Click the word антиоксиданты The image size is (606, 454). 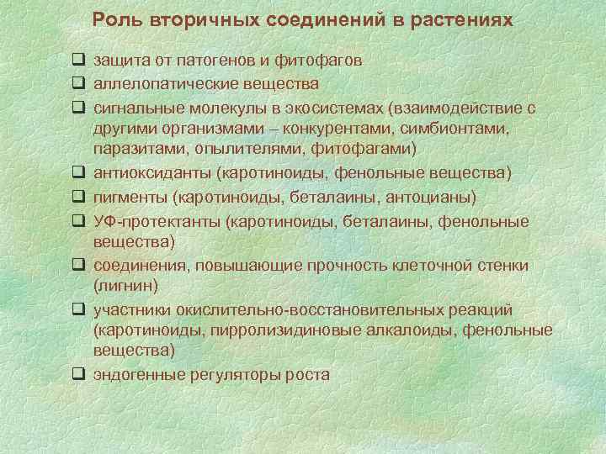click(152, 173)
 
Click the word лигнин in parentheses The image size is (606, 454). click(126, 287)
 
